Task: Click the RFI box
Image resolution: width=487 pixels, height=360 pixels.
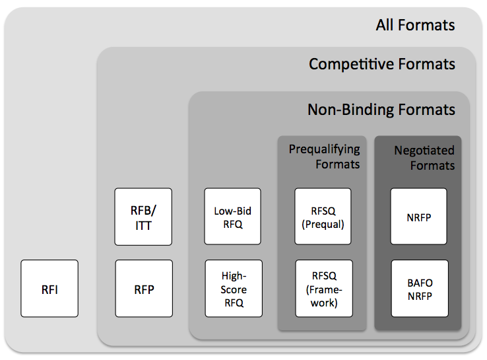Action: coord(49,289)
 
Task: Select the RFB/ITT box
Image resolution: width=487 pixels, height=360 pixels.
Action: coord(143,217)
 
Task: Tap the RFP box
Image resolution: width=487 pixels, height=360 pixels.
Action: coord(144,289)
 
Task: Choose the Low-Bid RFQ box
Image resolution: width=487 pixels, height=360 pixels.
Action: coord(232,217)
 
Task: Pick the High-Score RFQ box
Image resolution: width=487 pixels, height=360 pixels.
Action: coord(232,289)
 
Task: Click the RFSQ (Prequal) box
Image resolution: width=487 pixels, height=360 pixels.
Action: coord(323,217)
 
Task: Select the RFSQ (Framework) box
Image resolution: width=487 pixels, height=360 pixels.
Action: coord(323,289)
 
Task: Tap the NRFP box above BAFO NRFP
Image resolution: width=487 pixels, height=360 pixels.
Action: coord(418,217)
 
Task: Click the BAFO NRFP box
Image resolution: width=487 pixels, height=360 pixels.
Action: coord(418,289)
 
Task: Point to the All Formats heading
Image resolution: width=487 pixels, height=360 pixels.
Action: coord(415,26)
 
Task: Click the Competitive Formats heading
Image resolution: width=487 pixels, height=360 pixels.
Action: coord(381,64)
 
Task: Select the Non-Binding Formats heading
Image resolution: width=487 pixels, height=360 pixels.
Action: coord(381,109)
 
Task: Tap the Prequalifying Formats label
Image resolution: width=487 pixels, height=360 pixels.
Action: coord(325,156)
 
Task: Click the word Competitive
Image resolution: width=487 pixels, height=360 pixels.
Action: coord(353,64)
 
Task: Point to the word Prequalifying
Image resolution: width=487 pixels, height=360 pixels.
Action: coord(325,149)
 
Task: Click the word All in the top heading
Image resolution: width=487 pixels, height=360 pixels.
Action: coord(385,26)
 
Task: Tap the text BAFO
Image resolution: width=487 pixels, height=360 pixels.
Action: coord(418,282)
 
